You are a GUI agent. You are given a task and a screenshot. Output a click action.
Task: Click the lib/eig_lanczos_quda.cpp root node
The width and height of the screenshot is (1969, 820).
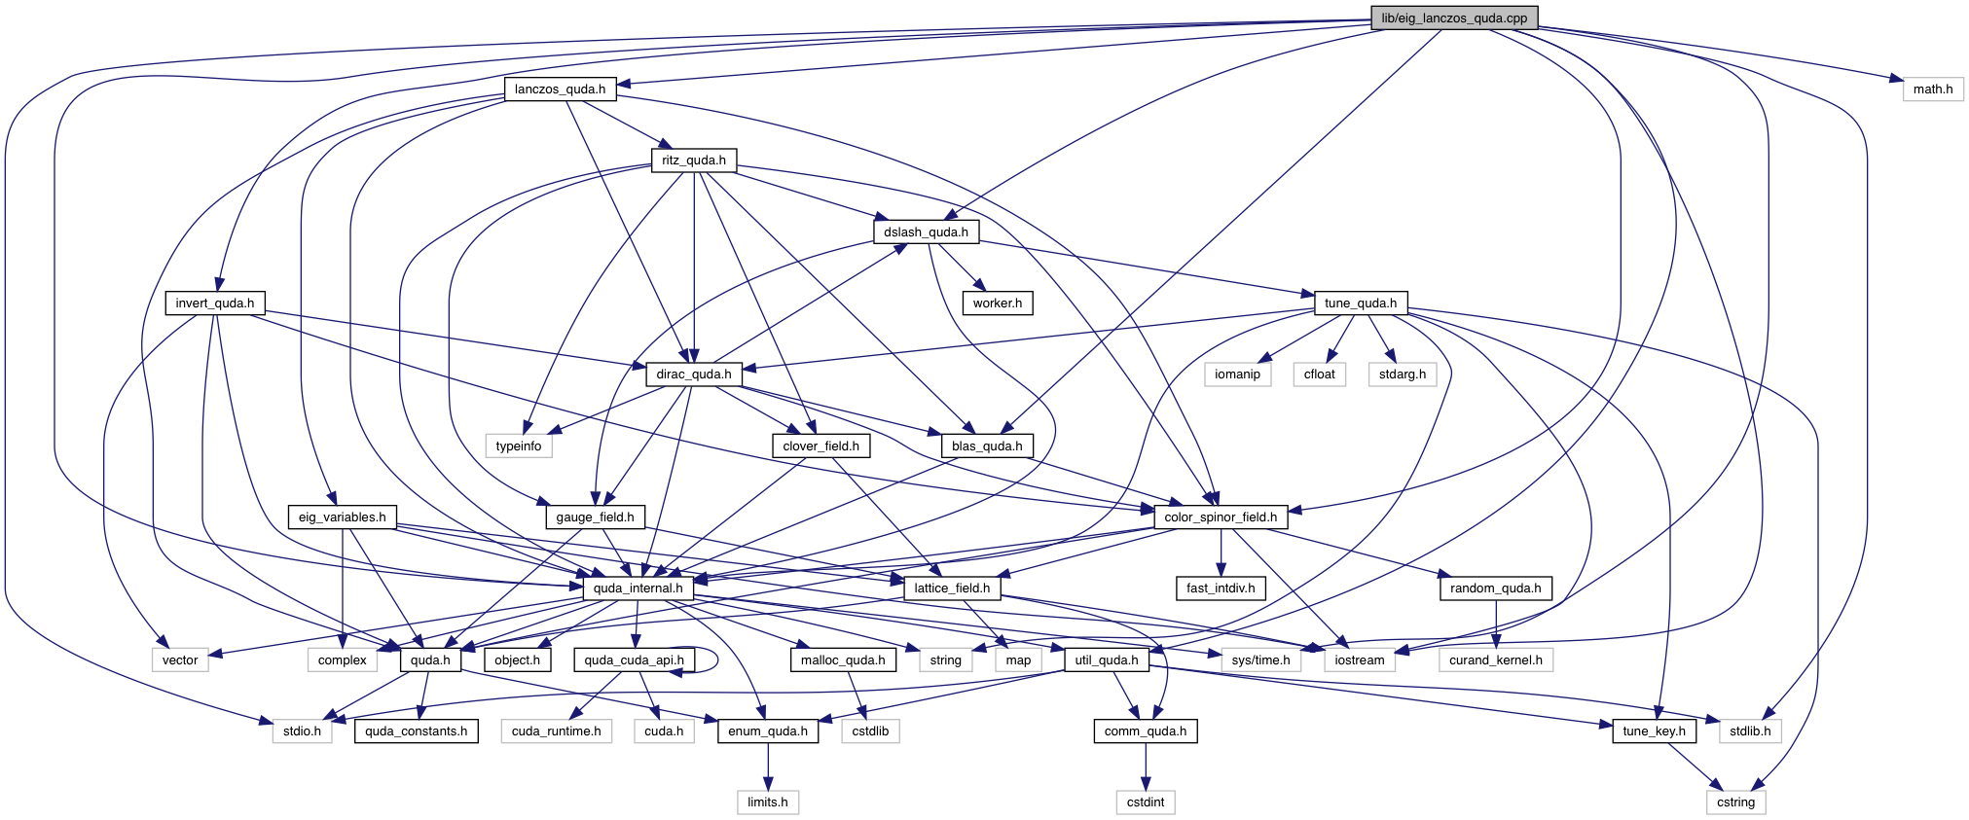click(1454, 18)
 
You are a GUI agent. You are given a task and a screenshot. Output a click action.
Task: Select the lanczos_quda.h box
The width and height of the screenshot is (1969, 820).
click(560, 89)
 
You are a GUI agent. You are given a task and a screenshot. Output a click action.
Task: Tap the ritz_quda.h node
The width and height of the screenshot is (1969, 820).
click(694, 160)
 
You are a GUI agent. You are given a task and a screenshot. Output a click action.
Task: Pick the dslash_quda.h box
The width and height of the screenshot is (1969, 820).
click(926, 232)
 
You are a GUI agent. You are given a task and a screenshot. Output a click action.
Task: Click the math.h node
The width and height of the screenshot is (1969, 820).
click(1933, 89)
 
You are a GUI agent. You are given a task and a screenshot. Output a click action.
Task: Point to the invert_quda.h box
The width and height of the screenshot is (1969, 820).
click(215, 303)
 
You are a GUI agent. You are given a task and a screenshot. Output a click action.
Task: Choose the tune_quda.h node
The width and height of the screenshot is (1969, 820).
click(1361, 303)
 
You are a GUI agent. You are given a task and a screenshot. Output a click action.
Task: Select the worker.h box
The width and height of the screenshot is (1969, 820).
click(998, 303)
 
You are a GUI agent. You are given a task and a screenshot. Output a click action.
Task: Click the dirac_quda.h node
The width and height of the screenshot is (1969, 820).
click(694, 374)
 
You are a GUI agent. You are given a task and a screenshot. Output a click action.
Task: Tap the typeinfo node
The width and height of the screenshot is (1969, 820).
click(519, 446)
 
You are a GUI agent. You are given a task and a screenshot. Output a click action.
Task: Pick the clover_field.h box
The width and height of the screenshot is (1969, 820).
click(821, 446)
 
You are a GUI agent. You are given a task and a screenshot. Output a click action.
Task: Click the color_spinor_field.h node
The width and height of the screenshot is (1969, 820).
click(1221, 517)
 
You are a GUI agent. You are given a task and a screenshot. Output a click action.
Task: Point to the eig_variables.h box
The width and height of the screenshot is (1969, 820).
click(342, 517)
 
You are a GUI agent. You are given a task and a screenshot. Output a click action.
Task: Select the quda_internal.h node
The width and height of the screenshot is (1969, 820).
click(638, 588)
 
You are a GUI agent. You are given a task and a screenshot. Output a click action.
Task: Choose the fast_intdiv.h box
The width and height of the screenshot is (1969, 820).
click(1221, 588)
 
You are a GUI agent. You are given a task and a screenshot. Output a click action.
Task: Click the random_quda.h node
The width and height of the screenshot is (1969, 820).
click(1496, 588)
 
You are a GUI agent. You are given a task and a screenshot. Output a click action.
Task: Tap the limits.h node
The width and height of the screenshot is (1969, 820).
click(768, 802)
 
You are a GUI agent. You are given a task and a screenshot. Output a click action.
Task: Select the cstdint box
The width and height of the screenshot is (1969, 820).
click(1146, 802)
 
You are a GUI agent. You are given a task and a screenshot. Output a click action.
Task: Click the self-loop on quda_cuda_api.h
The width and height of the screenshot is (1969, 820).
click(716, 660)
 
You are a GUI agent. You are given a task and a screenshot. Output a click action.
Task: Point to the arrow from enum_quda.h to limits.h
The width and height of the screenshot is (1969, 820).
click(768, 767)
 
